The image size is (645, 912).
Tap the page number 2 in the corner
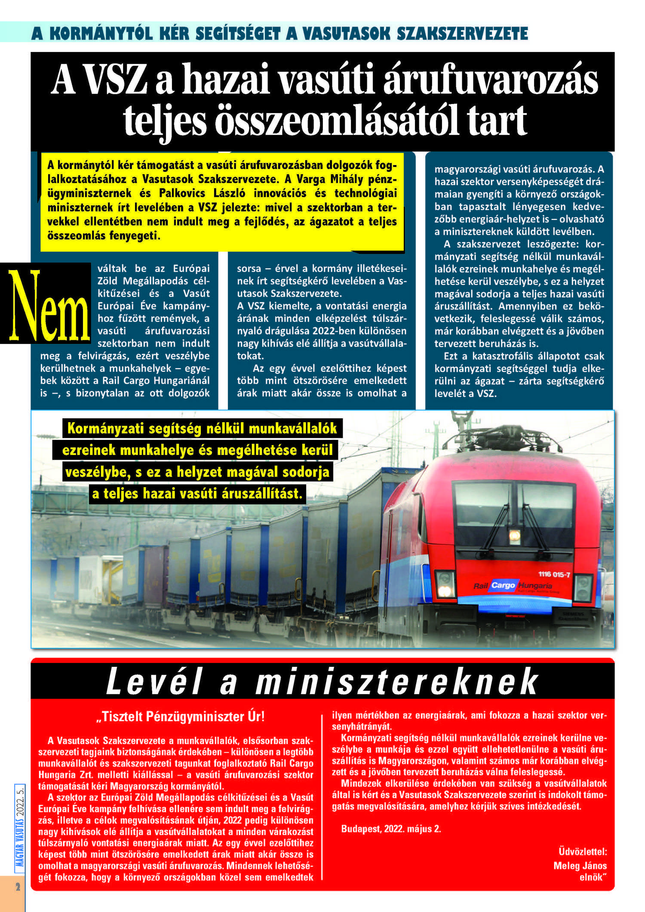(x=18, y=887)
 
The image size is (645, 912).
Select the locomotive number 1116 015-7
(x=554, y=574)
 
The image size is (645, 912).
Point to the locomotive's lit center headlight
(x=514, y=536)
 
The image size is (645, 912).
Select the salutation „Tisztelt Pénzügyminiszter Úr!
(x=181, y=717)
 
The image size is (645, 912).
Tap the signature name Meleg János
(x=580, y=866)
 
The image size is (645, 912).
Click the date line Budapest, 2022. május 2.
(x=391, y=829)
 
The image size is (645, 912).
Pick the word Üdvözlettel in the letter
(x=582, y=851)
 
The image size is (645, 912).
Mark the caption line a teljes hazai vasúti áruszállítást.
(x=197, y=493)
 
